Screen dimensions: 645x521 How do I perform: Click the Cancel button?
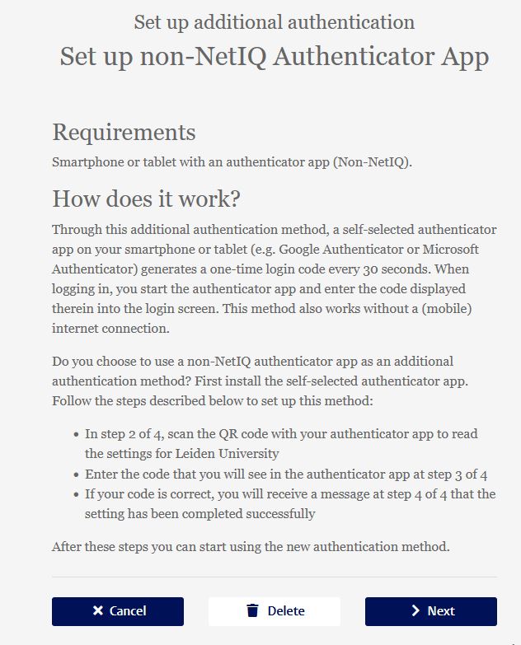[x=118, y=611]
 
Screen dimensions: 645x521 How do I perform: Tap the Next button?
[x=431, y=611]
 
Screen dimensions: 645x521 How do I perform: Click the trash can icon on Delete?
[x=253, y=611]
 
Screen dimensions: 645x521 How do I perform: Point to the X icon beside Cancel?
[x=98, y=611]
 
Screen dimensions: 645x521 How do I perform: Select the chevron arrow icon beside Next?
[x=415, y=611]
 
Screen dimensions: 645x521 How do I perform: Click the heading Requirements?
[x=124, y=133]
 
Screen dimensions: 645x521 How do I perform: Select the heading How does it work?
[x=146, y=199]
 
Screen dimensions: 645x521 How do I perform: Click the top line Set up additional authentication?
[x=274, y=22]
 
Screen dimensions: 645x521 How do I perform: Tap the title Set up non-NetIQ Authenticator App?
[x=274, y=57]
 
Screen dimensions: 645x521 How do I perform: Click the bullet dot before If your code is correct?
[x=75, y=494]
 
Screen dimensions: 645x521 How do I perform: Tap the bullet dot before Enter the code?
[x=75, y=474]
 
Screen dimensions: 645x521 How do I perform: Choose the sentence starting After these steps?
[x=251, y=546]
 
